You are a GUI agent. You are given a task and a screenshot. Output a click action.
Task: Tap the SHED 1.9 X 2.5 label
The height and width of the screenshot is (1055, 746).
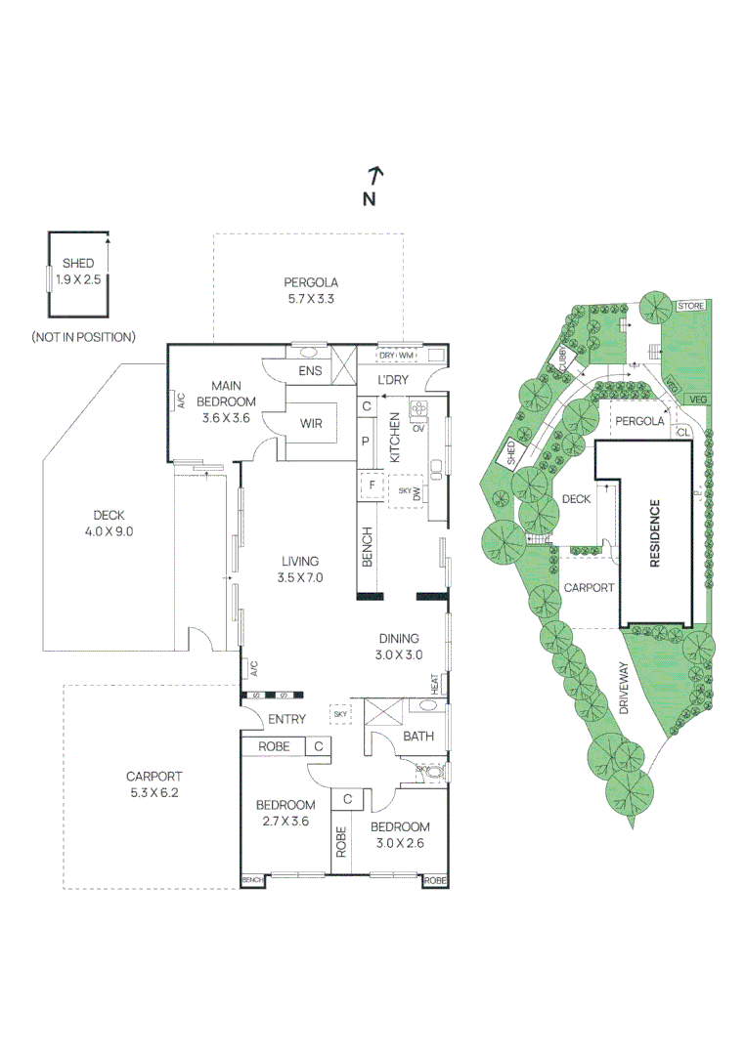(x=78, y=271)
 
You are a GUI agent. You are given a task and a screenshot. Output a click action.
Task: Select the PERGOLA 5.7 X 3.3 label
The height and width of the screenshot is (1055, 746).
(x=311, y=290)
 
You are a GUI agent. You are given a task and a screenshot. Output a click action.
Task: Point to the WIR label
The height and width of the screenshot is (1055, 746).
(x=311, y=424)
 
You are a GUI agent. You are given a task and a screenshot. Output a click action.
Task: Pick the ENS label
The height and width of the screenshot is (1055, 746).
(x=310, y=371)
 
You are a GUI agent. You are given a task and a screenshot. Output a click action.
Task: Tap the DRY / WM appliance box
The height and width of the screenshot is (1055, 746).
(x=397, y=355)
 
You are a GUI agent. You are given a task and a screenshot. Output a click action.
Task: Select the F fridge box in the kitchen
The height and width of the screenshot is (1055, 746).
(x=372, y=483)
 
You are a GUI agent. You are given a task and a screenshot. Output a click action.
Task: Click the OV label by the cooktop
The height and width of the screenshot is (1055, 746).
(x=418, y=427)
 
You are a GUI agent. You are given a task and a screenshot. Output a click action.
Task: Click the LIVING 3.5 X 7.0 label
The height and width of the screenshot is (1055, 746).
(x=301, y=569)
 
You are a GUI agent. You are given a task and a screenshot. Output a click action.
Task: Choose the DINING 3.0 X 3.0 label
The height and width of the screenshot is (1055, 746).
(x=399, y=645)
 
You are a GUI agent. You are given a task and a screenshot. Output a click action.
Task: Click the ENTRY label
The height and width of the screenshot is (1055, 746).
(x=287, y=719)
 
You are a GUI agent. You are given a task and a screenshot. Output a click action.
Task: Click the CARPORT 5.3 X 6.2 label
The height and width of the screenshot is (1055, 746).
(x=153, y=784)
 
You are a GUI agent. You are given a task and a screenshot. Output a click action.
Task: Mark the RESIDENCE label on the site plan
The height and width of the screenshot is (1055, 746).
(x=654, y=533)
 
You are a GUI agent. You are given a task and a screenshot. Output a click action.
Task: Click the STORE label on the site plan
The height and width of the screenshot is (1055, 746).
(x=690, y=307)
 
